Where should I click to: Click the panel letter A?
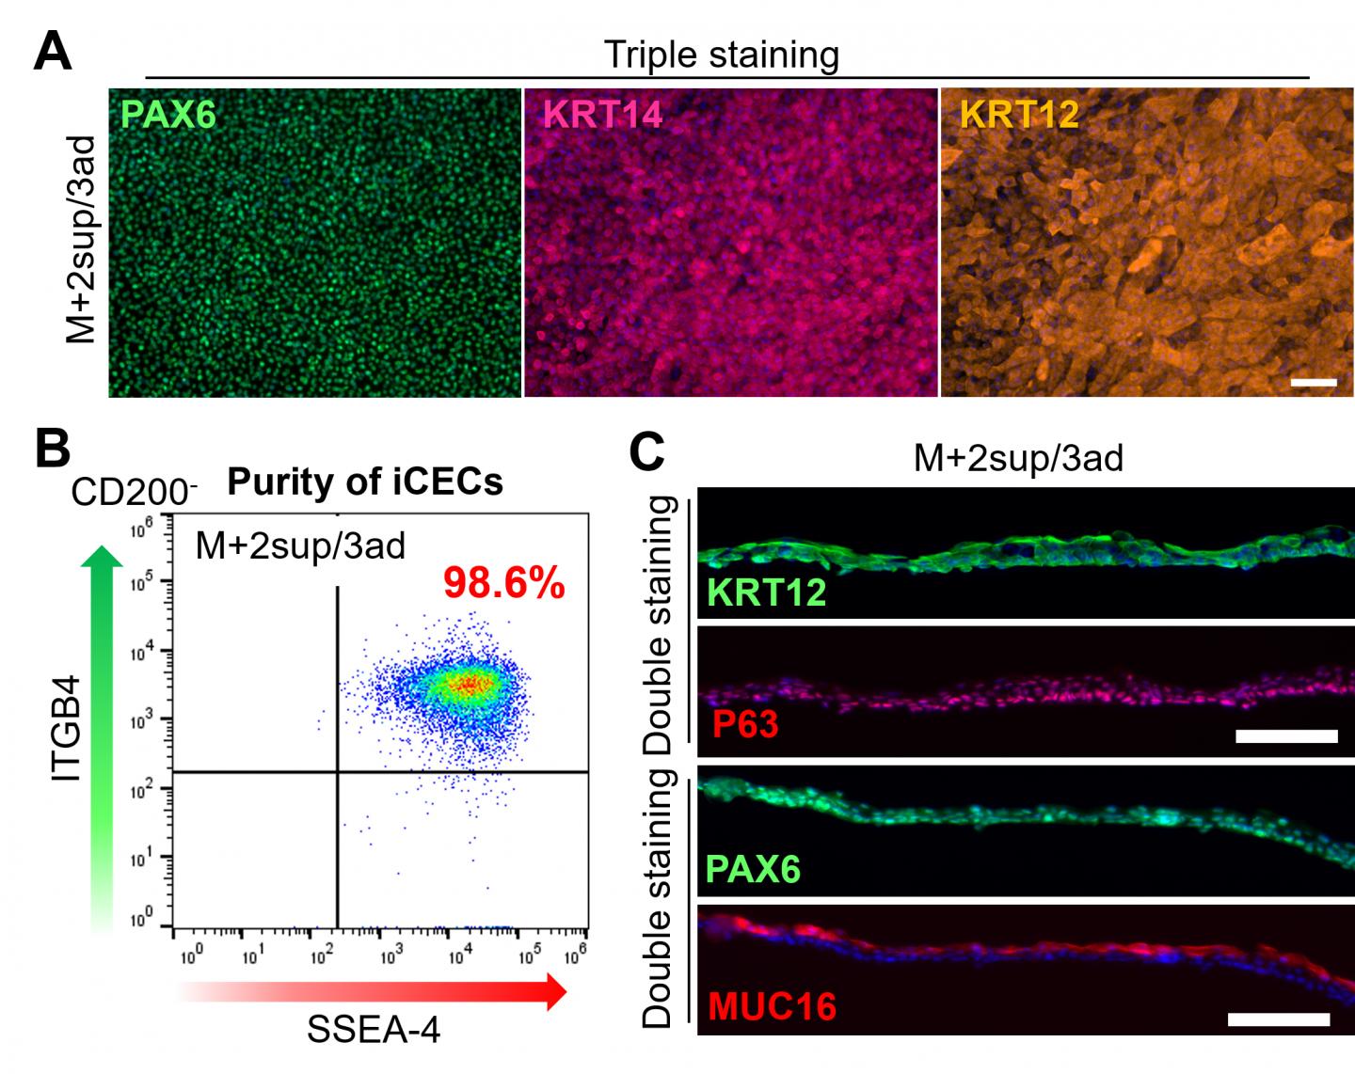(x=52, y=52)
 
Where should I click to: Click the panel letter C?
(x=647, y=451)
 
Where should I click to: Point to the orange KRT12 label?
(x=1019, y=115)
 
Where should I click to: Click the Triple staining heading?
(x=721, y=55)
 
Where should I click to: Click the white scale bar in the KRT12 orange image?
(x=1314, y=383)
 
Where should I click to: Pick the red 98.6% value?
(x=504, y=584)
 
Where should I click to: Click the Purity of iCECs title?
(x=365, y=482)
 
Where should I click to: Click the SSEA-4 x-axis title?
(x=374, y=1030)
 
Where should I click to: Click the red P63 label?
(x=743, y=725)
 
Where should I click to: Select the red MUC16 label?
(x=772, y=1006)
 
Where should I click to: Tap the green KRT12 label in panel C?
(x=767, y=592)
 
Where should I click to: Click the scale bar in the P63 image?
(x=1286, y=735)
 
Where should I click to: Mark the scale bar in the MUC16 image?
(x=1279, y=1019)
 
